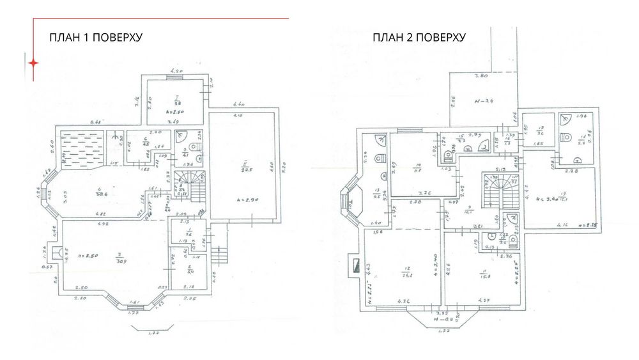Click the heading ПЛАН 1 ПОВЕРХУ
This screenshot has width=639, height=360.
(95, 38)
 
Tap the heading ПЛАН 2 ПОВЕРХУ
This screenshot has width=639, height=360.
(419, 38)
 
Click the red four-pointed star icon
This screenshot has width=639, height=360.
(33, 63)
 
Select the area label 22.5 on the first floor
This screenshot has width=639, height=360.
(245, 169)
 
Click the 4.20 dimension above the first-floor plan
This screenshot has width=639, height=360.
(176, 71)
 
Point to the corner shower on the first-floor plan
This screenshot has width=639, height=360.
(181, 136)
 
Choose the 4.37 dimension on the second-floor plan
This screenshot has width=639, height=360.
(483, 301)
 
